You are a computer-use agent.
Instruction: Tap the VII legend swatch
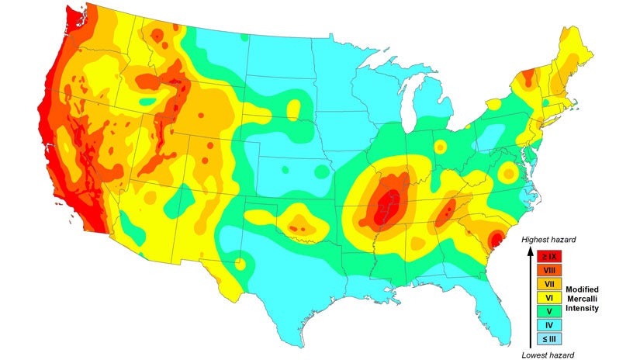click(x=548, y=284)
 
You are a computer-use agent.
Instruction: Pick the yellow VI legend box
click(x=548, y=297)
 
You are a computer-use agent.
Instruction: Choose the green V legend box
click(x=548, y=310)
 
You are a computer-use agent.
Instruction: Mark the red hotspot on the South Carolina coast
click(x=494, y=238)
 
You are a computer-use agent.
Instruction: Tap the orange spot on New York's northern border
click(x=528, y=77)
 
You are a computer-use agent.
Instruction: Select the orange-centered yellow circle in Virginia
click(x=507, y=171)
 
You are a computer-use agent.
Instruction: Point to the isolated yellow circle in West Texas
click(x=240, y=265)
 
